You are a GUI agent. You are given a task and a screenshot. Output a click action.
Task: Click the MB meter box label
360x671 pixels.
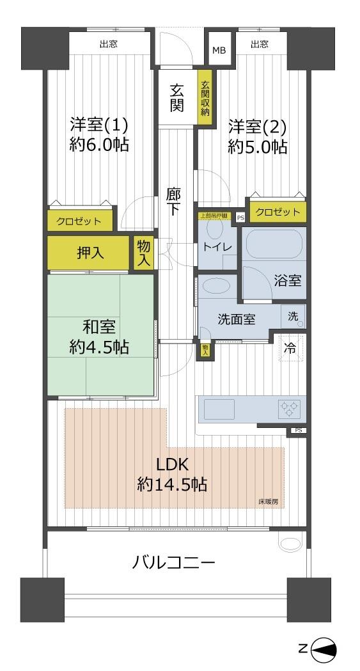click(x=219, y=51)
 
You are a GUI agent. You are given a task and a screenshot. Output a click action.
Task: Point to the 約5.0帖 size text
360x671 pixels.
click(x=258, y=147)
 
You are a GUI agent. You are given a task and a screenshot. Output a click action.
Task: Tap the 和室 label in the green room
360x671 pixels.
click(x=98, y=327)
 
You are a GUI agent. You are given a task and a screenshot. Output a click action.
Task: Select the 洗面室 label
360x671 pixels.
click(x=237, y=317)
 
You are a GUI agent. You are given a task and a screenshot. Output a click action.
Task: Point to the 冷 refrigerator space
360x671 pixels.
click(x=290, y=349)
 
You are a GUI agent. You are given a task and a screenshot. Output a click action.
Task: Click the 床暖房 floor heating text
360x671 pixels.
click(x=268, y=501)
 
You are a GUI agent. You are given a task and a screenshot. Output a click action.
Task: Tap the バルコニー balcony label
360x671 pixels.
click(x=173, y=563)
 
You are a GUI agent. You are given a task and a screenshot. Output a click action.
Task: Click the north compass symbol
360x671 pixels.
click(x=324, y=649)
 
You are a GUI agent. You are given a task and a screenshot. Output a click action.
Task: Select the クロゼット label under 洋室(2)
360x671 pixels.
click(x=278, y=212)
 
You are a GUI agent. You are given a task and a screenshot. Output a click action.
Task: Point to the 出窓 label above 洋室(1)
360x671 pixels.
click(x=108, y=44)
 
